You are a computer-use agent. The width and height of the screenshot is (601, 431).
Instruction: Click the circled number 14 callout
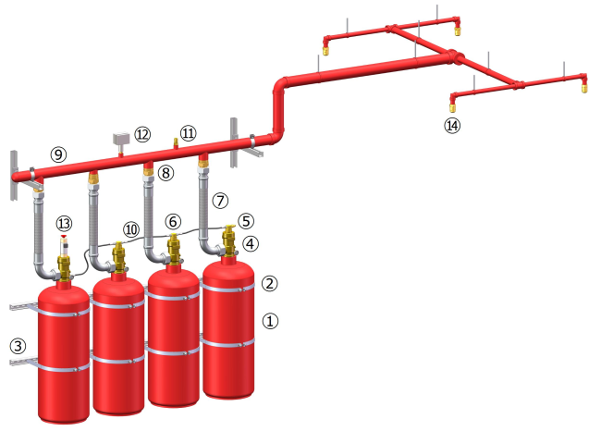point(452,126)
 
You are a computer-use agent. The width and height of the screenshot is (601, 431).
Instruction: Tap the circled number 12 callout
point(142,135)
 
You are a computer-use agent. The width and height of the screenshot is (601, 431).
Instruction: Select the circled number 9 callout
point(58,154)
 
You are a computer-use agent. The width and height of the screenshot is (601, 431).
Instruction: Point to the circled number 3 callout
point(18,346)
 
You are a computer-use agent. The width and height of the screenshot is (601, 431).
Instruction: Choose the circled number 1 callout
point(270,321)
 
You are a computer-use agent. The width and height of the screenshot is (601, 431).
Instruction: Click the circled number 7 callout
point(220,201)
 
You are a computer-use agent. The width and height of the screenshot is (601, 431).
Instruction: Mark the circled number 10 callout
point(131,229)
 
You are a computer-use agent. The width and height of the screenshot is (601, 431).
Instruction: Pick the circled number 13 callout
point(64,223)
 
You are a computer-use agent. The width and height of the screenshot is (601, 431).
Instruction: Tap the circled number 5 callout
point(246,221)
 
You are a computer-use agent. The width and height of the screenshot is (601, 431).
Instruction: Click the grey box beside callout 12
point(121,139)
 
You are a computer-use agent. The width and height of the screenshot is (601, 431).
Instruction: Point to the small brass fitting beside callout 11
point(176,143)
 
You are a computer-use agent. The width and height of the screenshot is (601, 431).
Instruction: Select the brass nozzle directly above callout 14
point(452,105)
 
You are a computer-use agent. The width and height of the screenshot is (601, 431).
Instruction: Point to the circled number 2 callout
point(269,283)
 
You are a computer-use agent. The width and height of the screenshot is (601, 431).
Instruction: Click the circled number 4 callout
point(251,243)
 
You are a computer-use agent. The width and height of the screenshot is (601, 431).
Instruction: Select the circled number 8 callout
point(166,173)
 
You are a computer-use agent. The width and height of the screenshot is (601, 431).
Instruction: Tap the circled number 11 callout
point(189,133)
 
